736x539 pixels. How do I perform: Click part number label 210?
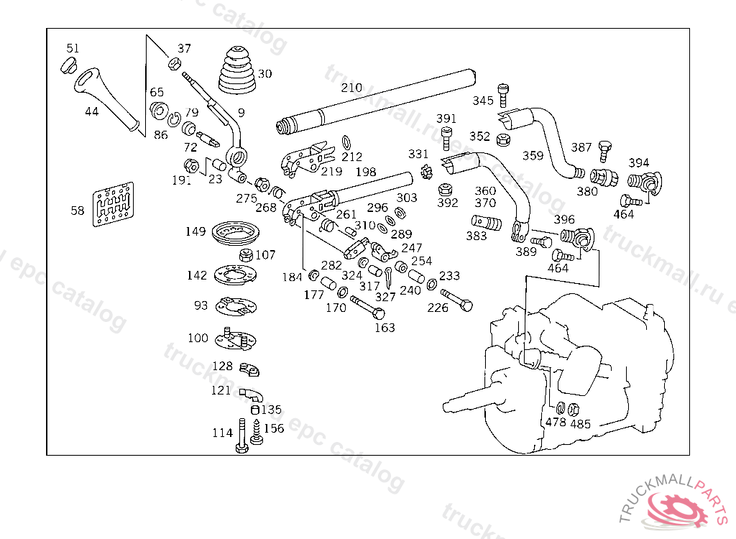tap(351, 88)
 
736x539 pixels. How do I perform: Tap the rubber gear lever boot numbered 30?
tap(238, 71)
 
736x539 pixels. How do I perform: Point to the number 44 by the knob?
tap(91, 111)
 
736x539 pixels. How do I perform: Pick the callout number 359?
tap(533, 155)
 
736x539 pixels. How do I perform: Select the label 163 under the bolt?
tap(385, 328)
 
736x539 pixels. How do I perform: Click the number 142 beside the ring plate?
tap(197, 276)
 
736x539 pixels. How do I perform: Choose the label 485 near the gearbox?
tap(580, 424)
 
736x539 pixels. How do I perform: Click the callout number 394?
tap(639, 162)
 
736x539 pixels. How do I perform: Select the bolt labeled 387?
tap(604, 149)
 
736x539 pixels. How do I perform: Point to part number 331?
tap(418, 154)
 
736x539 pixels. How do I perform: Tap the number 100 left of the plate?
tap(198, 338)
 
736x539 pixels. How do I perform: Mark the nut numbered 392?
tap(446, 191)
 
